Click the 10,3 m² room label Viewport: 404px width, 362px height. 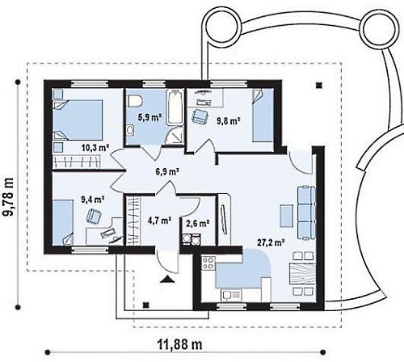tap(95, 147)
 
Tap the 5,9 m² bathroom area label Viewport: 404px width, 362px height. tap(149, 117)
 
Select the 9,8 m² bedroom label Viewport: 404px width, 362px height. tap(229, 121)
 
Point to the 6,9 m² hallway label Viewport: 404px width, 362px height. tap(167, 171)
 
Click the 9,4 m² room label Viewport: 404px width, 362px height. tap(93, 200)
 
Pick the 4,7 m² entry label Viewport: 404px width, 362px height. tap(160, 221)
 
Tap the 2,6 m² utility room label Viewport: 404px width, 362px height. tap(198, 223)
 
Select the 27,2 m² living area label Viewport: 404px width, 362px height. tap(271, 242)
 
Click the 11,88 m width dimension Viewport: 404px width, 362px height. tap(179, 344)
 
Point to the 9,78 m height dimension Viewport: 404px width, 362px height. tap(7, 197)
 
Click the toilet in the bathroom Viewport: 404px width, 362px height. tap(135, 102)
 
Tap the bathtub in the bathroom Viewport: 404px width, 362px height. tap(175, 107)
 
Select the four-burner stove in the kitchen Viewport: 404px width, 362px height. tap(208, 263)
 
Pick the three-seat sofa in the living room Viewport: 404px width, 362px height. tap(306, 213)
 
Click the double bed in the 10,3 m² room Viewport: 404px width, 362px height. tap(78, 120)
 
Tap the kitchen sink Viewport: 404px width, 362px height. tap(231, 295)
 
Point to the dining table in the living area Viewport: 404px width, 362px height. tap(301, 274)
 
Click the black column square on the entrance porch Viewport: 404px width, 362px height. tap(146, 305)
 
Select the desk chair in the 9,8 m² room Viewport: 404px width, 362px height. tap(200, 116)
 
